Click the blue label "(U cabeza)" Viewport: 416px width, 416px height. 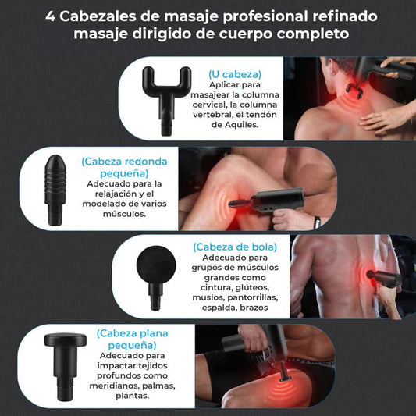(x=236, y=74)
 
